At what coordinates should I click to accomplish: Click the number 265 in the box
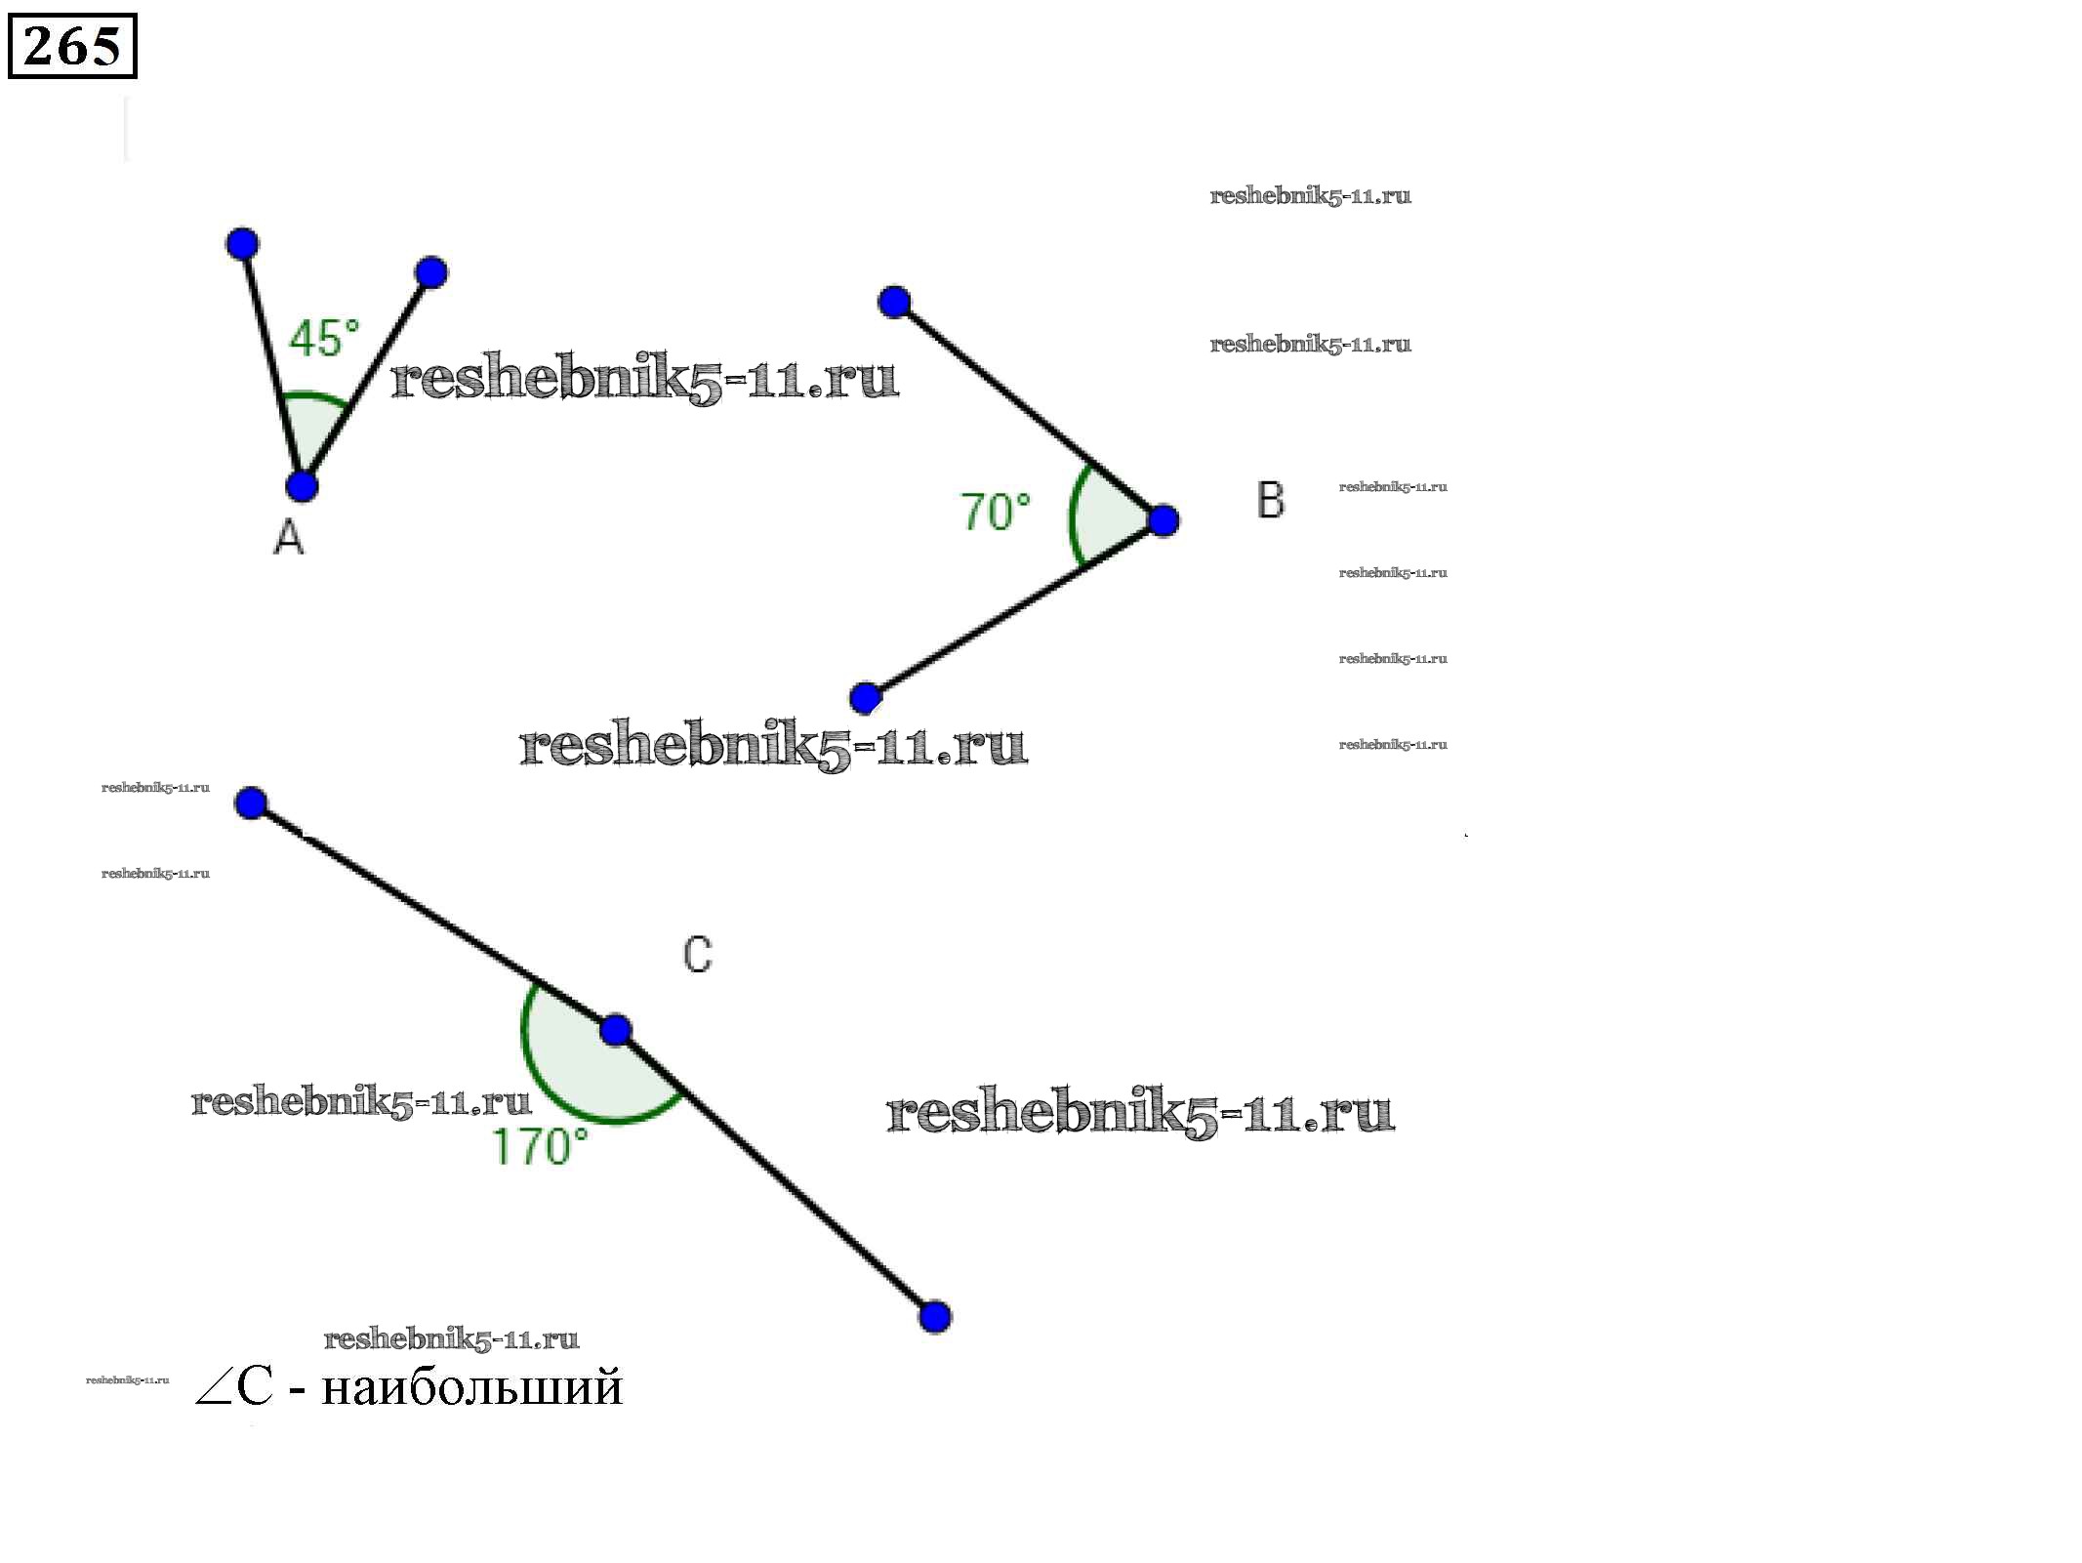tap(71, 46)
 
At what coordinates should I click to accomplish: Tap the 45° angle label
tap(324, 339)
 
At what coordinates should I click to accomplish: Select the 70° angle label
tap(996, 513)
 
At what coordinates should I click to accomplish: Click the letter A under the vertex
tap(288, 537)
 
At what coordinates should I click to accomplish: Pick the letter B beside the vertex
tap(1270, 501)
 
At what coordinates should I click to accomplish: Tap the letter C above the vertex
tap(698, 955)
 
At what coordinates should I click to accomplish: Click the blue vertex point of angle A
tap(302, 485)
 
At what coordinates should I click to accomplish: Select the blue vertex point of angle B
tap(1163, 520)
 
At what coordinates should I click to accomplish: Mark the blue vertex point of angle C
tap(615, 1030)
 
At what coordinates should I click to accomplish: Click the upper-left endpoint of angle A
tap(242, 243)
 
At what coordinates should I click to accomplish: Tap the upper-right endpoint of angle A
tap(430, 272)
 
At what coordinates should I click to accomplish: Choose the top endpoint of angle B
tap(894, 303)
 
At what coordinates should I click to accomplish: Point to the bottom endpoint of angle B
tap(865, 698)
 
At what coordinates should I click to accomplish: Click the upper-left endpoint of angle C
tap(251, 803)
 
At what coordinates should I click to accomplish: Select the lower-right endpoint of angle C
tap(934, 1316)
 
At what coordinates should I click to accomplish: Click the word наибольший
tap(471, 1387)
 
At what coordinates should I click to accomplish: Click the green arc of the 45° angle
tap(314, 395)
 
